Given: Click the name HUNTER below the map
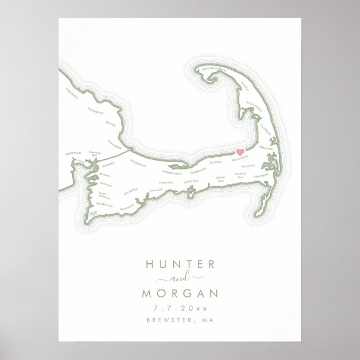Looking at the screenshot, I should coord(179,264).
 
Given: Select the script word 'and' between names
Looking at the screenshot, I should coord(179,278).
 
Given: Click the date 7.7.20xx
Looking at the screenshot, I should coord(179,308).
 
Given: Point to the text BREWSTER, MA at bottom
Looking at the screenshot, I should coord(179,320).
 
